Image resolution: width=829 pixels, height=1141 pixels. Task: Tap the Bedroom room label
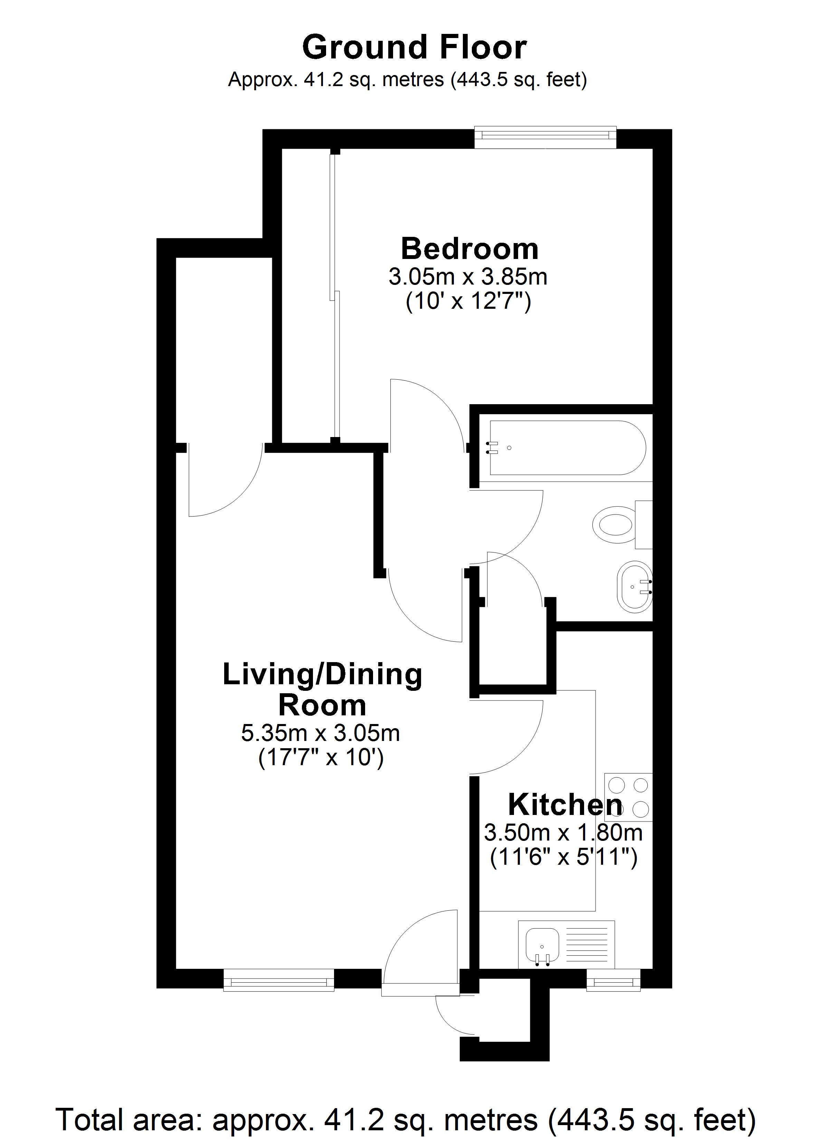click(x=469, y=249)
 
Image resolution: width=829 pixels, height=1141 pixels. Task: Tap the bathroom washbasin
click(x=635, y=587)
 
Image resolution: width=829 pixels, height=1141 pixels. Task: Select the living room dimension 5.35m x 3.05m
click(x=321, y=733)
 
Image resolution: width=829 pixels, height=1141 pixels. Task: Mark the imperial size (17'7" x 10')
click(x=321, y=757)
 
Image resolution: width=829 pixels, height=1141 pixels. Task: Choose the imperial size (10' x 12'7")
click(x=468, y=302)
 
